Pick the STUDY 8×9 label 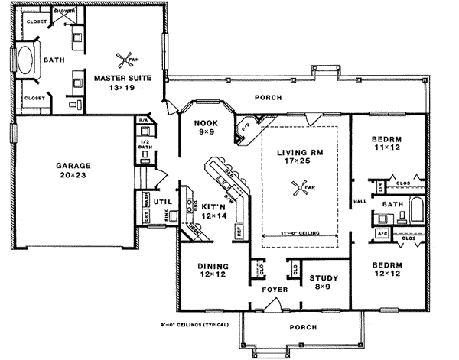(x=322, y=284)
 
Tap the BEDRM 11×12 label (x=386, y=143)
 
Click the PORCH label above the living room (x=266, y=98)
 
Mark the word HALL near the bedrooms (x=360, y=203)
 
